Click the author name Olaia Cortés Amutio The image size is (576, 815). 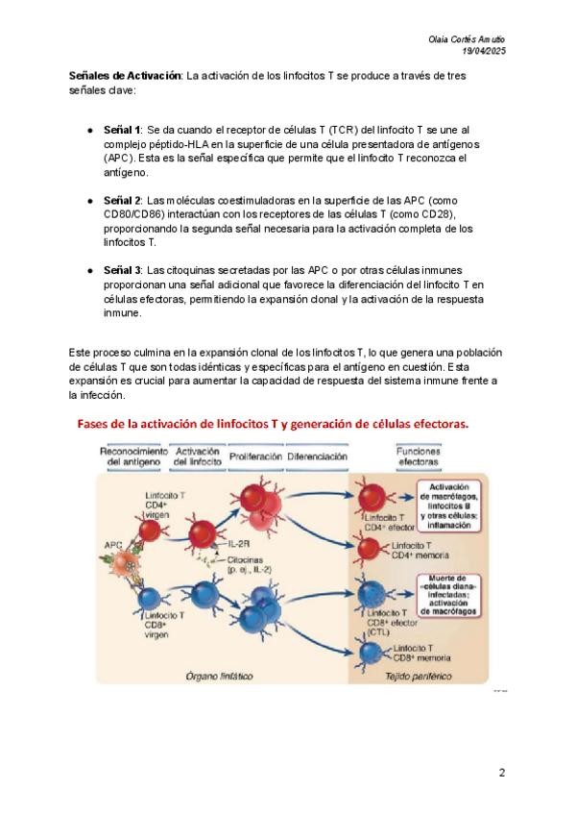point(467,39)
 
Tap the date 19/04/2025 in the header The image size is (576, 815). point(484,51)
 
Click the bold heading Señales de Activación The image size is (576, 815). point(124,75)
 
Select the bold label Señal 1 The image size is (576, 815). point(122,129)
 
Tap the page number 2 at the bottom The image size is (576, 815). point(501,773)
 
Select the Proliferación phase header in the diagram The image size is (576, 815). point(255,457)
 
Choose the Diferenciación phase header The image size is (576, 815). point(317,457)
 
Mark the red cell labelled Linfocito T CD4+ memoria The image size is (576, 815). point(371,548)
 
